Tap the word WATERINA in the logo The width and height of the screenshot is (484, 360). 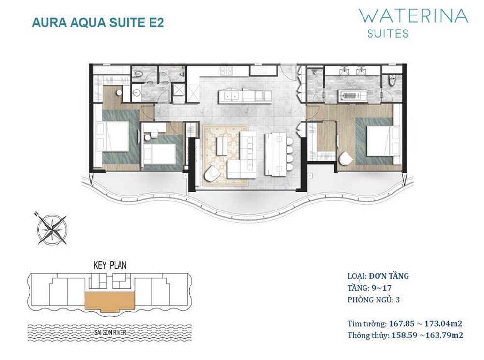(413, 15)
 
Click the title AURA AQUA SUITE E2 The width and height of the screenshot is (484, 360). (97, 23)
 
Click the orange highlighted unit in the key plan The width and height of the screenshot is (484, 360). (109, 300)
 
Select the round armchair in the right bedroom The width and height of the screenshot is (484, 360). (347, 159)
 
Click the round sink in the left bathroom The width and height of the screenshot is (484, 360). (136, 93)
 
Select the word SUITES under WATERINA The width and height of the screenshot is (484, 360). (388, 33)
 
